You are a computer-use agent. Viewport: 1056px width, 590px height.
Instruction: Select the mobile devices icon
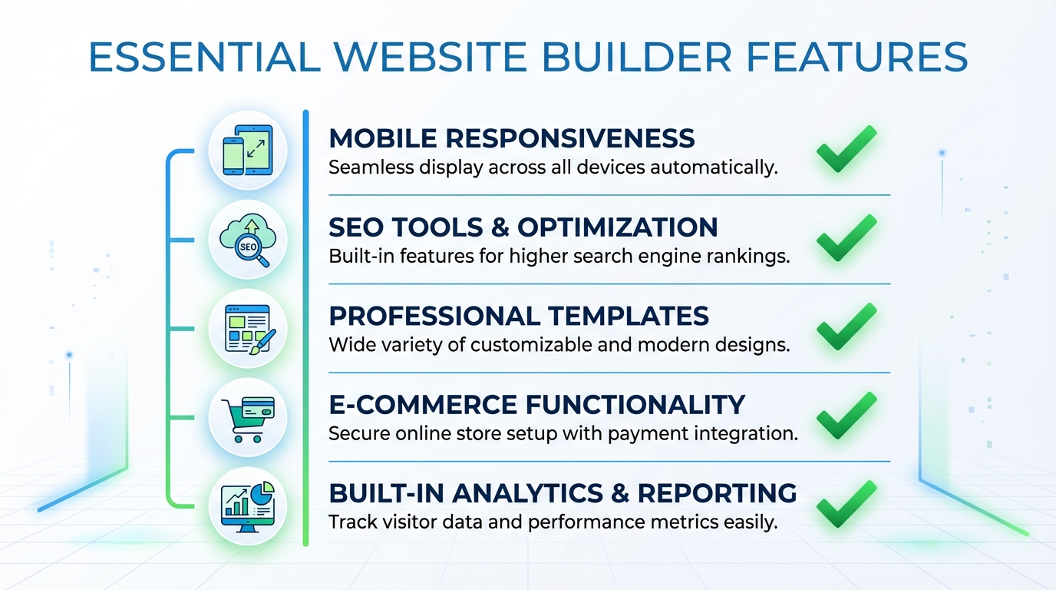pyautogui.click(x=247, y=149)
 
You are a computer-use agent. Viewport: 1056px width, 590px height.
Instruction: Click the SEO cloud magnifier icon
pyautogui.click(x=247, y=239)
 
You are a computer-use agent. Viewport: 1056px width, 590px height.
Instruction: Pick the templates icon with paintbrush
pyautogui.click(x=247, y=328)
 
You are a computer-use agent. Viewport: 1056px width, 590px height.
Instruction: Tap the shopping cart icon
pyautogui.click(x=247, y=417)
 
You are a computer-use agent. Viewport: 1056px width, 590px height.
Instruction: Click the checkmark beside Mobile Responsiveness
pyautogui.click(x=846, y=150)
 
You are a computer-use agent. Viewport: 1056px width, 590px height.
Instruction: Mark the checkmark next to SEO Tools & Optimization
pyautogui.click(x=846, y=239)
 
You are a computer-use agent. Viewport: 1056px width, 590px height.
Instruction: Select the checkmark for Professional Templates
pyautogui.click(x=846, y=328)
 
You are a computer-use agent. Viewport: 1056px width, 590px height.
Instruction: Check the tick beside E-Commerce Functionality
pyautogui.click(x=846, y=416)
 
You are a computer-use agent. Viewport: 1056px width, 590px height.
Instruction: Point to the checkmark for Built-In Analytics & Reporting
pyautogui.click(x=846, y=505)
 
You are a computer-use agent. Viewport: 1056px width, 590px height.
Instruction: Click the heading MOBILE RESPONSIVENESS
pyautogui.click(x=511, y=138)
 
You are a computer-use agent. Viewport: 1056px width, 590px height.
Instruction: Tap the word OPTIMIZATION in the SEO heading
pyautogui.click(x=618, y=227)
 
